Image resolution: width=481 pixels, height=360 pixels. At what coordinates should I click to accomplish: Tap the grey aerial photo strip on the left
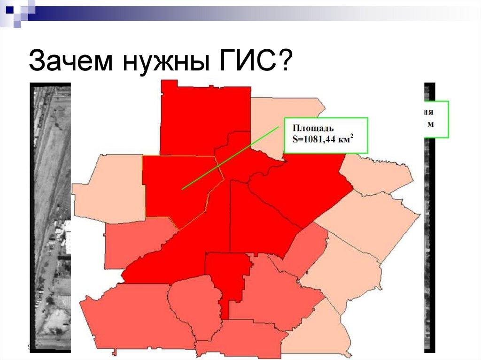point(49,211)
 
